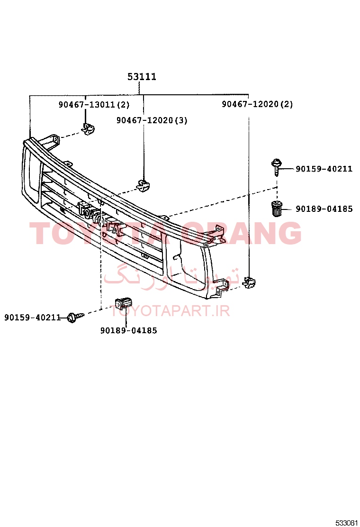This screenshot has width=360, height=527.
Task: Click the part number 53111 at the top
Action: pyautogui.click(x=142, y=77)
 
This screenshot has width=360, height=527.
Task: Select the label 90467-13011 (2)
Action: pyautogui.click(x=94, y=105)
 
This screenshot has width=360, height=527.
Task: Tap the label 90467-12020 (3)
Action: pyautogui.click(x=152, y=120)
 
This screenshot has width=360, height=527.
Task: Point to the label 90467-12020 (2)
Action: pyautogui.click(x=257, y=104)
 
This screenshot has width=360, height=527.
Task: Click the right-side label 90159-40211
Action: pyautogui.click(x=324, y=169)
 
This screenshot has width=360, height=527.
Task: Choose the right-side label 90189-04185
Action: pyautogui.click(x=324, y=209)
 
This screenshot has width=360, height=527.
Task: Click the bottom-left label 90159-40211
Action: pyautogui.click(x=33, y=317)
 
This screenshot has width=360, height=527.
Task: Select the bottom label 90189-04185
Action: pyautogui.click(x=129, y=331)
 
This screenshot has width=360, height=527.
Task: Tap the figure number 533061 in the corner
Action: pyautogui.click(x=347, y=523)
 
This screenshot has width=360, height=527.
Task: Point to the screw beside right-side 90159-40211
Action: pyautogui.click(x=276, y=167)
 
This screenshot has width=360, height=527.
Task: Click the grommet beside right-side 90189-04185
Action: pyautogui.click(x=277, y=209)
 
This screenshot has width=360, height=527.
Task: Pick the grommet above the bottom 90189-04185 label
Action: pyautogui.click(x=123, y=303)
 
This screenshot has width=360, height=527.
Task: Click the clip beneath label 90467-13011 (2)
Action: pyautogui.click(x=88, y=129)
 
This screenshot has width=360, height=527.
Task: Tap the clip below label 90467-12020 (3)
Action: pyautogui.click(x=143, y=186)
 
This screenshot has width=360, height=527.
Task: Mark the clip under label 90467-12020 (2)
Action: pyautogui.click(x=249, y=282)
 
